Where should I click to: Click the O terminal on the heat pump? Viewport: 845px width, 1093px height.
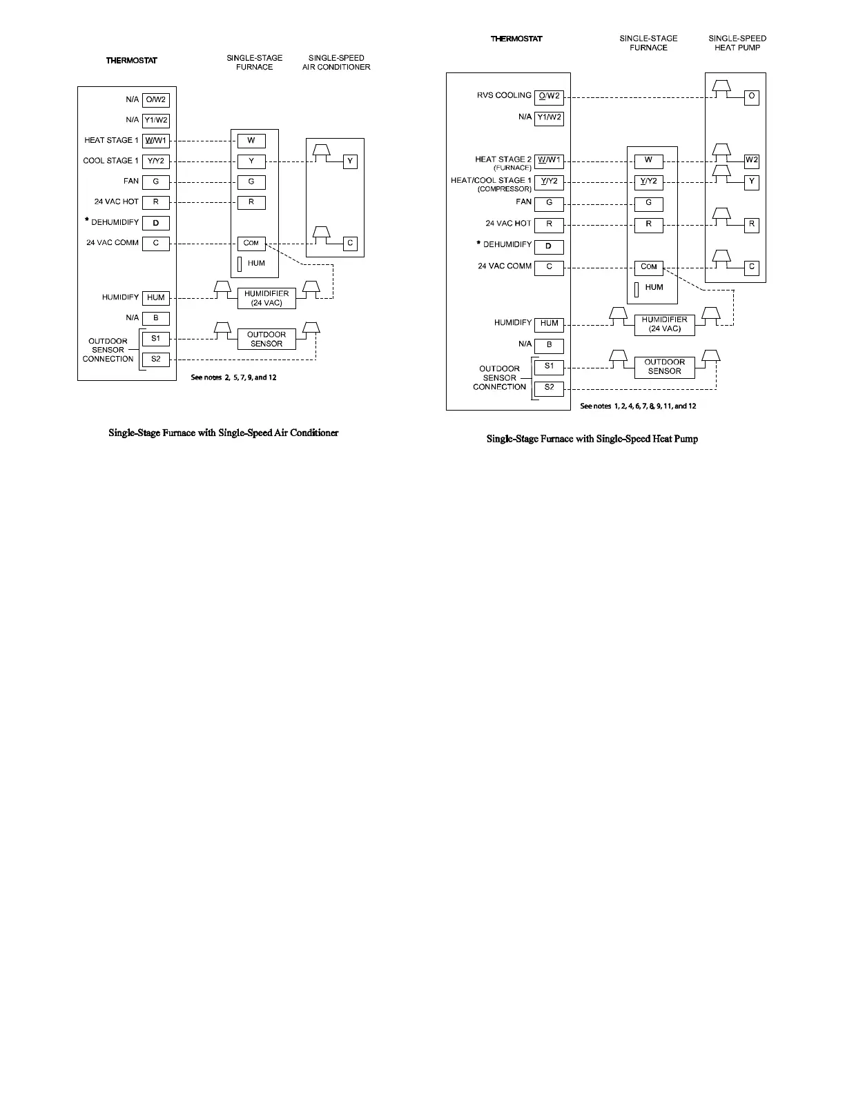pos(751,97)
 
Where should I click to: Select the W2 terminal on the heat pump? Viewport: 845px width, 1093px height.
pos(751,161)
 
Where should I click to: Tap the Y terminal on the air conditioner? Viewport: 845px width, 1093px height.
pos(350,161)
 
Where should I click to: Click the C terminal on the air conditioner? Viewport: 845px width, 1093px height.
pos(350,244)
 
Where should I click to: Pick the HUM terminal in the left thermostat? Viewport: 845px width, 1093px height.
pos(156,298)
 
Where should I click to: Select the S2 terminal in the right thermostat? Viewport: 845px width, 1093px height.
pos(549,388)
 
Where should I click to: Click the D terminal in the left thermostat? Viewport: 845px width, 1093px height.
pos(156,223)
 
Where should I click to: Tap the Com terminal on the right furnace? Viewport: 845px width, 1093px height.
pos(648,267)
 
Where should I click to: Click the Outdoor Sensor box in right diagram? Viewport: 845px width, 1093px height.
pos(664,367)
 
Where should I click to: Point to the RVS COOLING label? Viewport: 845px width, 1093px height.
pos(504,96)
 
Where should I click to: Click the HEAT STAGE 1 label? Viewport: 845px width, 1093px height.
pos(111,141)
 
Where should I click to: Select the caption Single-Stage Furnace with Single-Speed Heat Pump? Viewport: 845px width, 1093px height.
pos(592,439)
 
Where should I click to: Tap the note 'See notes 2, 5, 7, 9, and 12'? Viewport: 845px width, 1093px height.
pos(233,378)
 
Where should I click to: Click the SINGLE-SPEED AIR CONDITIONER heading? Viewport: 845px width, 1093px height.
pos(336,63)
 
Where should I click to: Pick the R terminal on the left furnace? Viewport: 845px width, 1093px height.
pos(251,203)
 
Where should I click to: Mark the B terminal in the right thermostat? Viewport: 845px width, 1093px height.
pos(549,345)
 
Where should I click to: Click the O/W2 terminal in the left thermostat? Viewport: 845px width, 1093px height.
pos(156,100)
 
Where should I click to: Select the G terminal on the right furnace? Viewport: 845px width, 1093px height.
pos(648,204)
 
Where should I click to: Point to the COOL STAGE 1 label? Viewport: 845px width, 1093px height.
pos(110,161)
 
